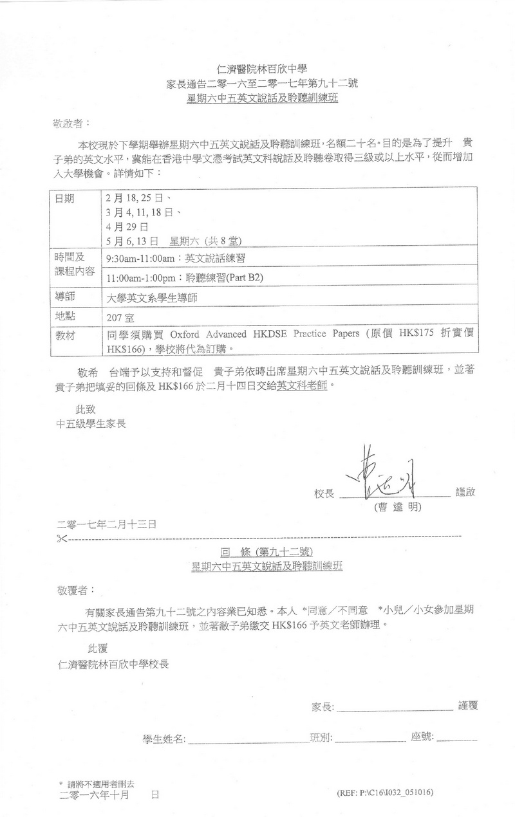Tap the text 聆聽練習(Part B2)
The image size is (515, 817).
click(225, 278)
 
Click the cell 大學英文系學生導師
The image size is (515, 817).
click(151, 298)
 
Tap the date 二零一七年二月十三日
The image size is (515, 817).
click(107, 524)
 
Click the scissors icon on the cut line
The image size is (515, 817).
click(62, 537)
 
